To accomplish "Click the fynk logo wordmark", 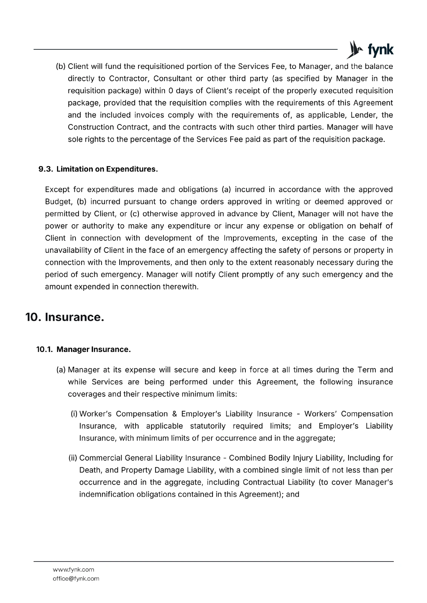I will (x=380, y=50).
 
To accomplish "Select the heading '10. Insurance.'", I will (x=65, y=317).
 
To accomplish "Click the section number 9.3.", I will (x=46, y=169).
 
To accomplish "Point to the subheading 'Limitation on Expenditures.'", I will (x=107, y=169).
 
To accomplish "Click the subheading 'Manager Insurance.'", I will (x=94, y=349).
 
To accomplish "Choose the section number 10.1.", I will (x=45, y=349).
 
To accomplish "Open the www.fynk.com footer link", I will (x=73, y=569).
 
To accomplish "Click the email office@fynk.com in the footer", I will (x=76, y=579).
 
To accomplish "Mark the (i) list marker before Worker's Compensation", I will (x=74, y=414).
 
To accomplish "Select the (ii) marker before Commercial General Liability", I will (x=73, y=458).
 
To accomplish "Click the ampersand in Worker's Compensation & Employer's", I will (x=174, y=414).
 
